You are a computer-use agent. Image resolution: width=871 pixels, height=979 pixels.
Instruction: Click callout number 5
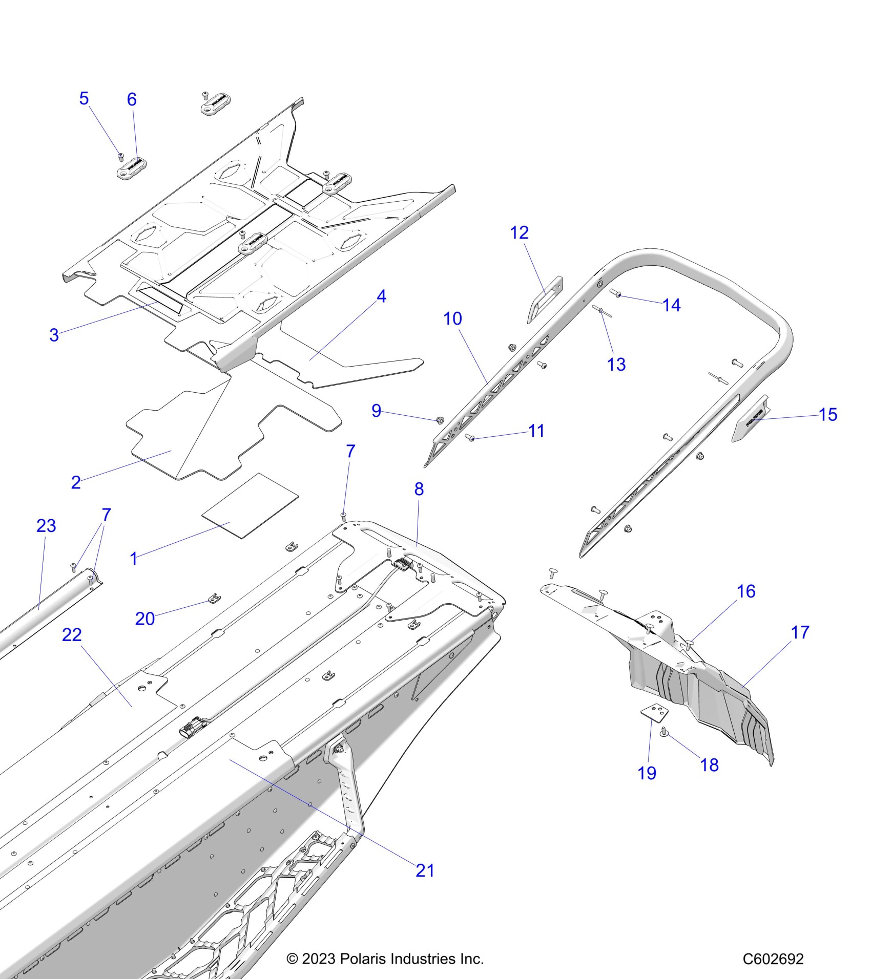tap(84, 98)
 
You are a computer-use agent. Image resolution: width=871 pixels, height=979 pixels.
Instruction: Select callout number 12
tap(519, 233)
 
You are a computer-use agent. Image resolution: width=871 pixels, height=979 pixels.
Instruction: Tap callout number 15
tap(828, 414)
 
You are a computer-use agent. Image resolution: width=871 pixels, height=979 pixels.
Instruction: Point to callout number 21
tap(425, 870)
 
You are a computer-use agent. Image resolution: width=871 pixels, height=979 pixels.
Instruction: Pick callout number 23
tap(46, 526)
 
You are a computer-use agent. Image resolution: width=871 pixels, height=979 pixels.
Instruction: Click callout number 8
tap(419, 489)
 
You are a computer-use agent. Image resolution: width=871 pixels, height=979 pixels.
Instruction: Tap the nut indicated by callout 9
tap(440, 420)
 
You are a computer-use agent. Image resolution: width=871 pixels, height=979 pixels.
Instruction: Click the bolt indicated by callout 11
tap(470, 438)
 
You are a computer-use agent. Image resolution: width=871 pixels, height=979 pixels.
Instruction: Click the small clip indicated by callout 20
tap(215, 598)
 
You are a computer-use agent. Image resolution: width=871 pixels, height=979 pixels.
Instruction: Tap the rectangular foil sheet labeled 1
tap(250, 505)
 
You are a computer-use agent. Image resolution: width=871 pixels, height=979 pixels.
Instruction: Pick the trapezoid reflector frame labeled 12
tap(545, 300)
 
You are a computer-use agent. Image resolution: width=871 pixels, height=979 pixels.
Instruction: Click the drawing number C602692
tap(773, 959)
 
